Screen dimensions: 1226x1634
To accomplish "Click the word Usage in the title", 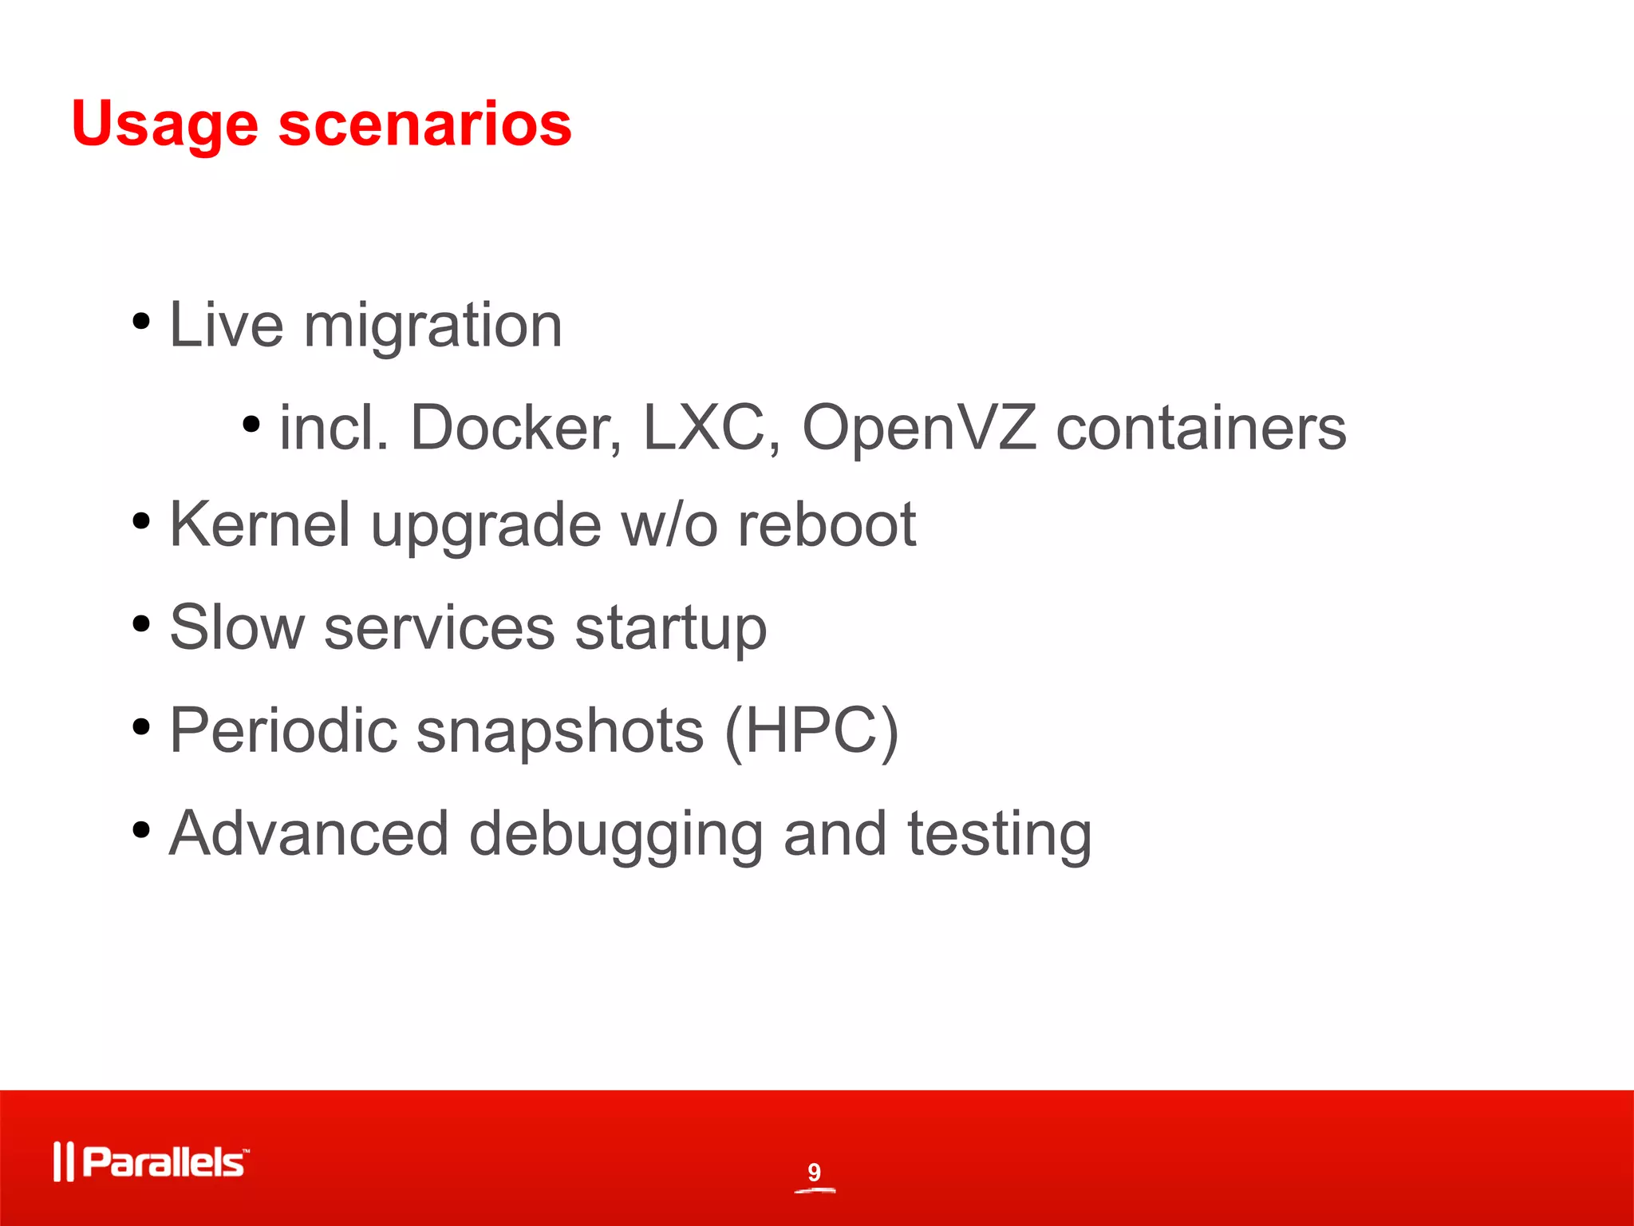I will coord(164,126).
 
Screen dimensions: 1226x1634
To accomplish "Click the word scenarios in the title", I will coord(424,125).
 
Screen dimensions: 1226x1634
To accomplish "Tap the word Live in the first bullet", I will coord(226,326).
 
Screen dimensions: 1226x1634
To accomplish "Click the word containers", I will coord(1201,429).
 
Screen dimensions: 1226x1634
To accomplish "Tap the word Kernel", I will coord(260,525).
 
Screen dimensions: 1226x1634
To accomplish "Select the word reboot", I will coord(827,525).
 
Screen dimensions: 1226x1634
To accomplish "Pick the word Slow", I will coord(237,628).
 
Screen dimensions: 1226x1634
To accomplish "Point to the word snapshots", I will coord(560,731).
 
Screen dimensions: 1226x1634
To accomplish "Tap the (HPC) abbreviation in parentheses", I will coord(811,731).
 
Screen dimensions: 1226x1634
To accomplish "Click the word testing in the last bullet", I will coord(999,834).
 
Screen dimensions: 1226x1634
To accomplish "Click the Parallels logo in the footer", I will coord(152,1162).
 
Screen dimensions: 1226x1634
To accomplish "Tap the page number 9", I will coord(814,1172).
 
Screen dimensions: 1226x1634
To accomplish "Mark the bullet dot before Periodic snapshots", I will coord(141,727).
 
